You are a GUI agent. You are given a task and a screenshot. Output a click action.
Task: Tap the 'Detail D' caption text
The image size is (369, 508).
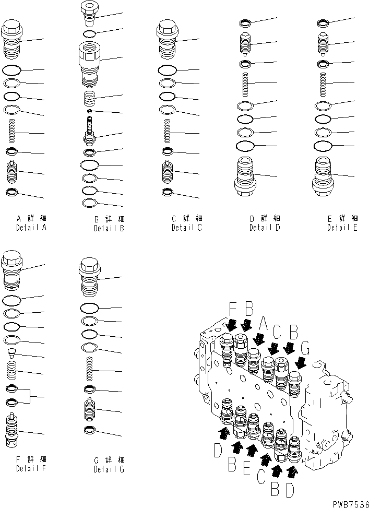pyautogui.click(x=265, y=228)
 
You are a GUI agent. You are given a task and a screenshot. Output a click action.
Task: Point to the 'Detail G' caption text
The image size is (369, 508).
pyautogui.click(x=109, y=469)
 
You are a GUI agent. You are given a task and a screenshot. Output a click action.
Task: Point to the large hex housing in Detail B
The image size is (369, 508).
pyautogui.click(x=89, y=63)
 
